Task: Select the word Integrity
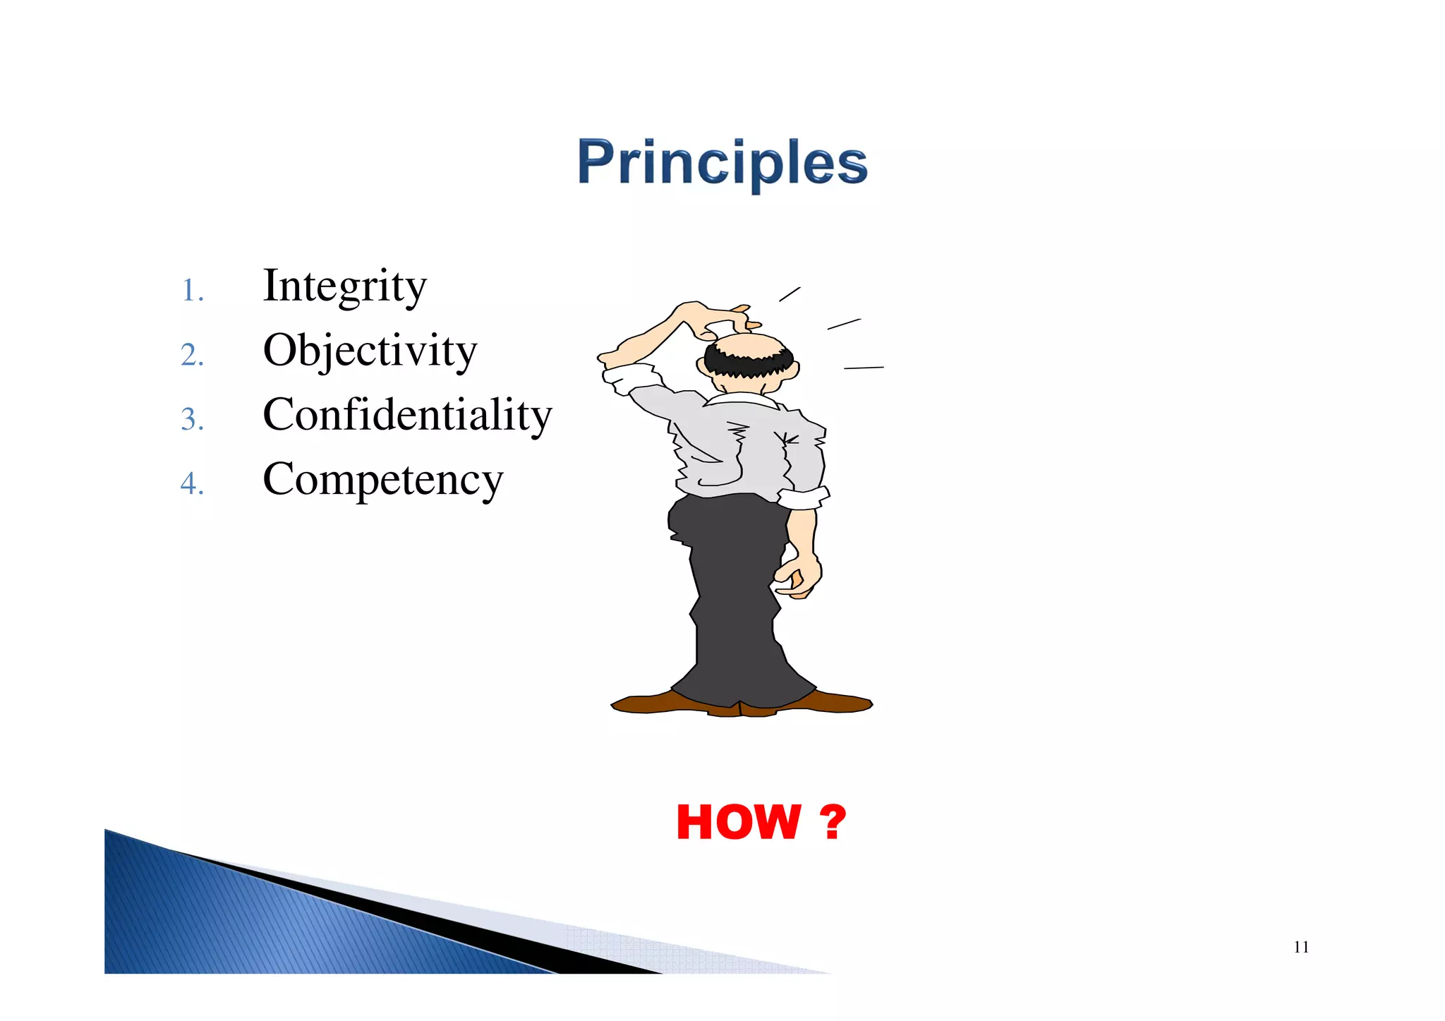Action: click(344, 286)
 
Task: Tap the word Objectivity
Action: click(370, 351)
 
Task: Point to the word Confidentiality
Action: click(407, 415)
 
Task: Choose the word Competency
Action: click(382, 480)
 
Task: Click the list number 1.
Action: click(191, 291)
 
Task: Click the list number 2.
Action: click(191, 355)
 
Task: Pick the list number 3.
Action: click(191, 420)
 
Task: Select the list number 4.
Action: click(191, 484)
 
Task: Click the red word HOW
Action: click(738, 823)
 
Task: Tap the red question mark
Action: click(833, 823)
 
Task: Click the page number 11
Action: click(1301, 947)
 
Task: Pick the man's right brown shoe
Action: click(833, 702)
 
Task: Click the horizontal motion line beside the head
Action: click(864, 368)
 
